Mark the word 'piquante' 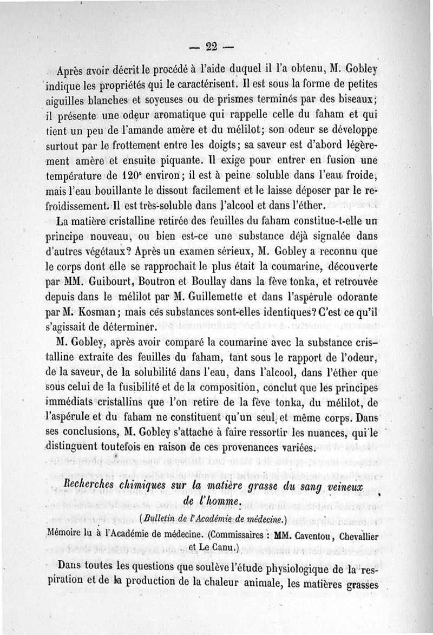(x=180, y=161)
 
